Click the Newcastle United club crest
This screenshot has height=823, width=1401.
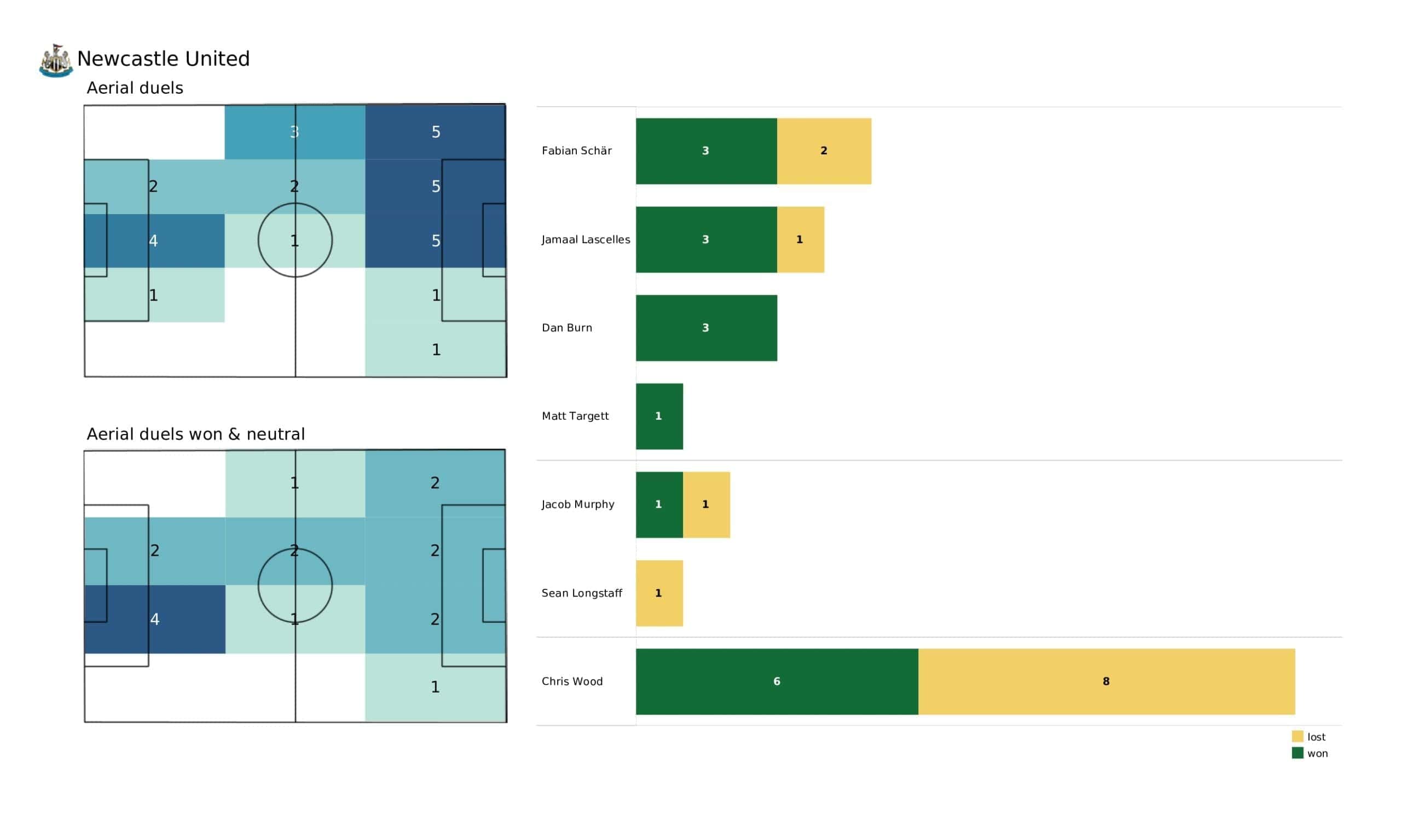56,60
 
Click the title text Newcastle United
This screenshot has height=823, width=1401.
164,59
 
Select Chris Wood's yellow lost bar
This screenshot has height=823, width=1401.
1106,681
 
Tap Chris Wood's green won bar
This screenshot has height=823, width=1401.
777,681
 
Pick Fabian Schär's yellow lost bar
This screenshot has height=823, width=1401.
824,150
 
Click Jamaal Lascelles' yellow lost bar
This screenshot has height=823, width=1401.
800,240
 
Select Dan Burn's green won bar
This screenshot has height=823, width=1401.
706,328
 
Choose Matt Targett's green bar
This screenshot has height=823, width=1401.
659,416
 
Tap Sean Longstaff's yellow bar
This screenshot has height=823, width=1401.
659,593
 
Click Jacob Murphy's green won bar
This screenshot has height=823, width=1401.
659,505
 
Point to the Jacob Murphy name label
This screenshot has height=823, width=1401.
577,505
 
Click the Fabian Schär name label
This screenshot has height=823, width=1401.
576,150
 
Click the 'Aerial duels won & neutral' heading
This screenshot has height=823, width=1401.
196,434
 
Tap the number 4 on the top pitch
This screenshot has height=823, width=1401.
153,241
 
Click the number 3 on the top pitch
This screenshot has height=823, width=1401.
294,132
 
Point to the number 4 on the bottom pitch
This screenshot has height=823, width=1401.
154,619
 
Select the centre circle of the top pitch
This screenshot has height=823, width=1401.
295,240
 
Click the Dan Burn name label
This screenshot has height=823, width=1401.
566,328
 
